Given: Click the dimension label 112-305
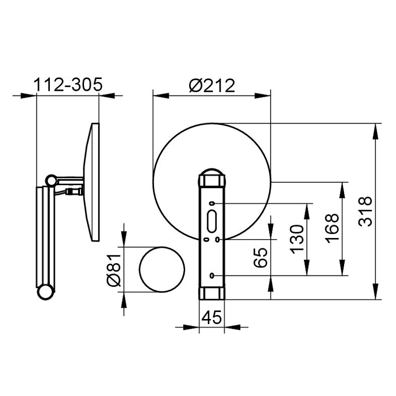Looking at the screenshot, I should (x=68, y=85).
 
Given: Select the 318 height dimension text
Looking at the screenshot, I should (x=364, y=211).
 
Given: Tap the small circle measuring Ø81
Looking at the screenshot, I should (x=162, y=270).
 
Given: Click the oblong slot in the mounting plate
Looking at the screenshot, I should (x=211, y=221).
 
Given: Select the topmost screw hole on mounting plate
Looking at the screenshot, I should (x=212, y=203).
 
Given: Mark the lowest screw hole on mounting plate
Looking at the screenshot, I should (x=212, y=275).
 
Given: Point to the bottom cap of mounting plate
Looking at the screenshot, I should (x=211, y=293).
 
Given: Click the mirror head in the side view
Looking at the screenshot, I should (x=92, y=182).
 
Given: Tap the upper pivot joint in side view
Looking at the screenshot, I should (x=51, y=179).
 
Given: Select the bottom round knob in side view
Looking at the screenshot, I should (x=45, y=292).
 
